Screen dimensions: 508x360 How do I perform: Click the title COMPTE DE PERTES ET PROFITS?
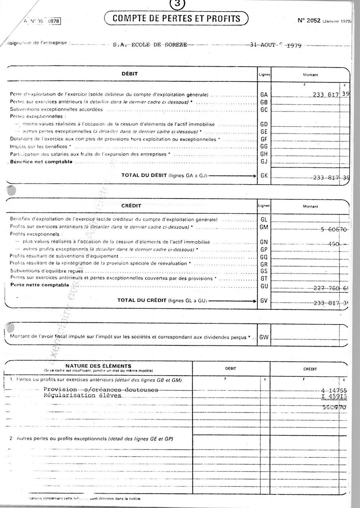click(x=176, y=18)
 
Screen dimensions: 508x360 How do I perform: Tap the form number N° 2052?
click(x=309, y=21)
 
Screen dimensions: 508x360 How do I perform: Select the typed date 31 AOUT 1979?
click(x=276, y=45)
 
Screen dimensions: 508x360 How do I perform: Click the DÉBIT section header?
click(x=130, y=74)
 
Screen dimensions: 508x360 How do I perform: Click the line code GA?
click(x=264, y=95)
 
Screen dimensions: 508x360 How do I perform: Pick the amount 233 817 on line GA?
click(x=326, y=95)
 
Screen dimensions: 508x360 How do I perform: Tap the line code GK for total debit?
click(x=264, y=176)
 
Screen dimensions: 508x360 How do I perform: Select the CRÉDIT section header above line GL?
click(x=131, y=205)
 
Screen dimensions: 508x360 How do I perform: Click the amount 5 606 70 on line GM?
click(x=333, y=229)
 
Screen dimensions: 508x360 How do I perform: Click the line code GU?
click(x=264, y=286)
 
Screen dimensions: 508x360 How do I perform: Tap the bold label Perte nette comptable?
click(x=40, y=285)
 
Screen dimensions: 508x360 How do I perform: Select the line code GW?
click(x=264, y=337)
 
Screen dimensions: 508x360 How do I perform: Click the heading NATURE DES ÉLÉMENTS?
click(x=98, y=366)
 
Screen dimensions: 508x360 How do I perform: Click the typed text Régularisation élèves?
click(x=82, y=395)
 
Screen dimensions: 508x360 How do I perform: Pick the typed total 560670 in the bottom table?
click(x=335, y=407)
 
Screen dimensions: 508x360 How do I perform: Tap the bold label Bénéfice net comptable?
click(x=41, y=162)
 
